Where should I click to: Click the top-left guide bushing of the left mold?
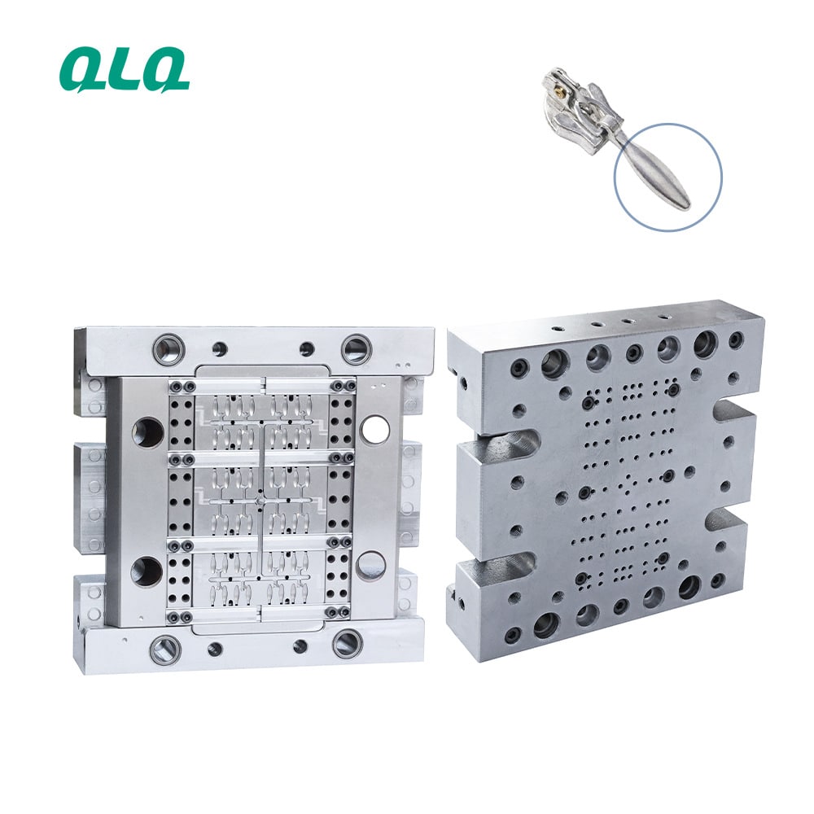(169, 346)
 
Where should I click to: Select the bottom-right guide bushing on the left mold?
(348, 644)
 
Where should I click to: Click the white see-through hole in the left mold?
(376, 428)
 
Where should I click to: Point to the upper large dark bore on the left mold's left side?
(148, 431)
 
